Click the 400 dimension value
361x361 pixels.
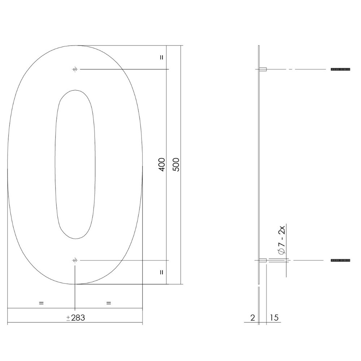click(162, 165)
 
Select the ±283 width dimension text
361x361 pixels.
click(75, 318)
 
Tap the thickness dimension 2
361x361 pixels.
click(252, 318)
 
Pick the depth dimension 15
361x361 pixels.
click(274, 318)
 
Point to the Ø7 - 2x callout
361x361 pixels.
click(283, 240)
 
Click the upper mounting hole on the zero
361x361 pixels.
click(75, 69)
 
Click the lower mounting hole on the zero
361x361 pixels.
click(75, 260)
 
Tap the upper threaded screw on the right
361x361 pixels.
click(340, 69)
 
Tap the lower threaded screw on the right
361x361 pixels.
click(340, 260)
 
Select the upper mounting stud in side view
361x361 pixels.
click(263, 69)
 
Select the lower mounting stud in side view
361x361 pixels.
click(263, 260)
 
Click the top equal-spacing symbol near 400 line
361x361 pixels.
click(161, 57)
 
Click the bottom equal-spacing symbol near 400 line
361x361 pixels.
click(161, 272)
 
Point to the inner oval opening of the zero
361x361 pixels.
click(75, 164)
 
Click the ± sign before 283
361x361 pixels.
click(68, 318)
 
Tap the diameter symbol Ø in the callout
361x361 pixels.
click(283, 252)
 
